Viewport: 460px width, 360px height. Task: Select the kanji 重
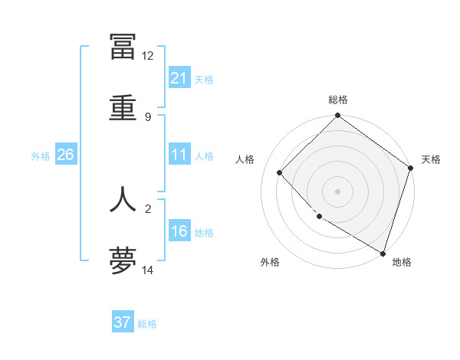tap(123, 107)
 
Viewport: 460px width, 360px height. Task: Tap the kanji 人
tap(123, 198)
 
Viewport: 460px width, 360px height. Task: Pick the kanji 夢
tap(123, 260)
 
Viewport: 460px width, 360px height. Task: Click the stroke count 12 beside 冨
tap(147, 56)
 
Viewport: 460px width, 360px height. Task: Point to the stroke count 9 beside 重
tap(147, 116)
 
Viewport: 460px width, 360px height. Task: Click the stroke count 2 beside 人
tap(147, 208)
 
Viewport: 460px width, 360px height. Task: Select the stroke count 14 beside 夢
tap(147, 270)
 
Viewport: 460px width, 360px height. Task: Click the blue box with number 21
tap(179, 78)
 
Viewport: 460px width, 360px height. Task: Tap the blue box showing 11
tap(179, 155)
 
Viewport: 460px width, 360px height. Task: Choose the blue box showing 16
tap(179, 231)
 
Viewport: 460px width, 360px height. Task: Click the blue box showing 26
tap(65, 155)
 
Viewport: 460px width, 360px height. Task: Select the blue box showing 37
tap(123, 322)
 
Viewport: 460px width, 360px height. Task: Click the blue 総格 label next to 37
tap(148, 324)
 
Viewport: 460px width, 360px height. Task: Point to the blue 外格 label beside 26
tap(41, 155)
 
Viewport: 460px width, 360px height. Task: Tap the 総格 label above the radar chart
tap(338, 100)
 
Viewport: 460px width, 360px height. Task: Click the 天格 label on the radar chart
tap(431, 159)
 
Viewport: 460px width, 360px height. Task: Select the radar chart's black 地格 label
tap(402, 262)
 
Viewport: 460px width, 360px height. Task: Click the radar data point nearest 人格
tap(280, 172)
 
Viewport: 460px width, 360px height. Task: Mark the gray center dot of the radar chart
tap(338, 191)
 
